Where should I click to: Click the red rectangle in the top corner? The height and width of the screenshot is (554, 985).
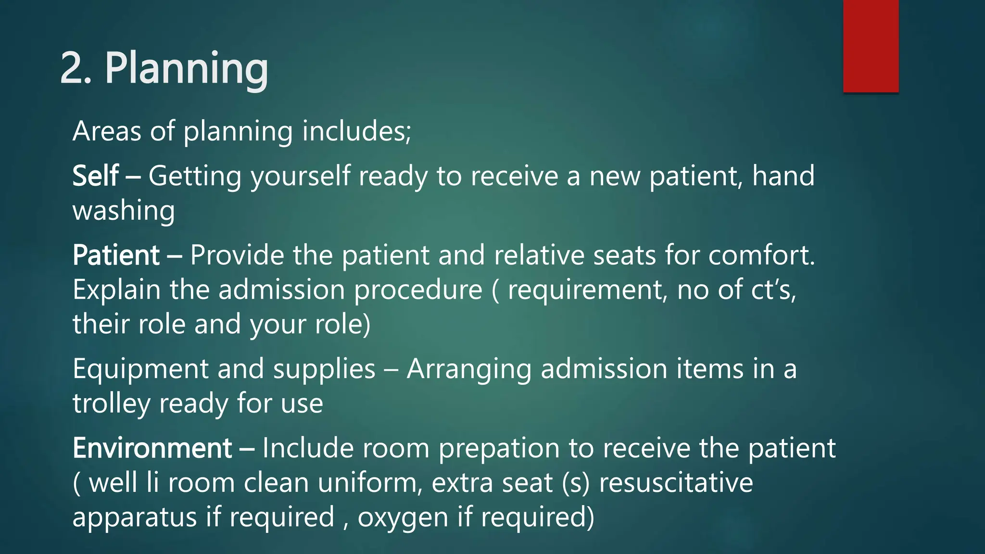tap(871, 46)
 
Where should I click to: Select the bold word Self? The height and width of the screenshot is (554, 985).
tap(95, 176)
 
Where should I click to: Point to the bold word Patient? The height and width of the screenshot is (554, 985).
tap(116, 255)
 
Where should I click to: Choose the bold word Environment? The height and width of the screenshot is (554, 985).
tap(152, 448)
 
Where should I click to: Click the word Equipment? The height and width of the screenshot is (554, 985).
tap(140, 369)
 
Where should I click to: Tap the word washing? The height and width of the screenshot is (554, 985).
tap(124, 211)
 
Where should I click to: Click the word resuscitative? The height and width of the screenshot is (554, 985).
tap(676, 483)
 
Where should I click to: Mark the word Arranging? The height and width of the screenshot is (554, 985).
tap(469, 370)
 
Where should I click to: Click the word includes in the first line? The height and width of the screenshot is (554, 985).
tap(356, 131)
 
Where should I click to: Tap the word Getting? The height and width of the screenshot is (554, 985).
tap(195, 176)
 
